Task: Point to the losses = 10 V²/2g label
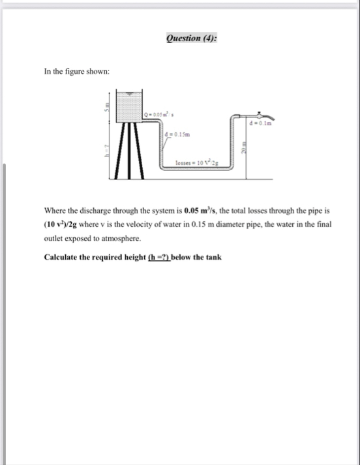197,164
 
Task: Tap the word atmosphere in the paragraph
116,237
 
